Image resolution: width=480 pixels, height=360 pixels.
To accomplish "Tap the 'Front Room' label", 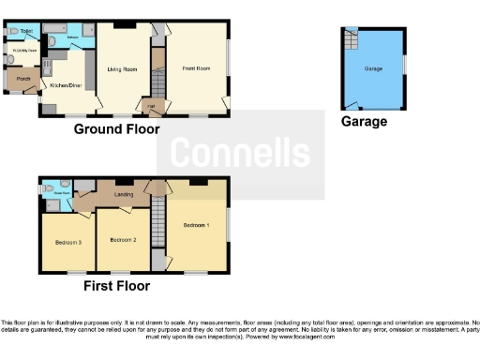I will pos(195,68).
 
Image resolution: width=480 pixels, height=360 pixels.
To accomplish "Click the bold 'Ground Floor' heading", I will pos(116,129).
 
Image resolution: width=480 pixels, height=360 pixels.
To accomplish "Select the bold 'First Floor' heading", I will pos(116,285).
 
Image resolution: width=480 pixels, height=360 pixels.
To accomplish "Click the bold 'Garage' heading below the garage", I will pos(363,122).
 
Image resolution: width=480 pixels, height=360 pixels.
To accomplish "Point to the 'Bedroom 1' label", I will pos(195,226).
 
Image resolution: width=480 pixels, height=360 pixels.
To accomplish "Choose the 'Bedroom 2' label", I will pos(123,240).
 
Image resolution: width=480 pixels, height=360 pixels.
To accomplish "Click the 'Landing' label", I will pos(123,195).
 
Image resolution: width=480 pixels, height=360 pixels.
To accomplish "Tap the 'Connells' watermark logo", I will pos(240,153).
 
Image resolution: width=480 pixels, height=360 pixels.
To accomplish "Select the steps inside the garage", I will pos(353,40).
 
